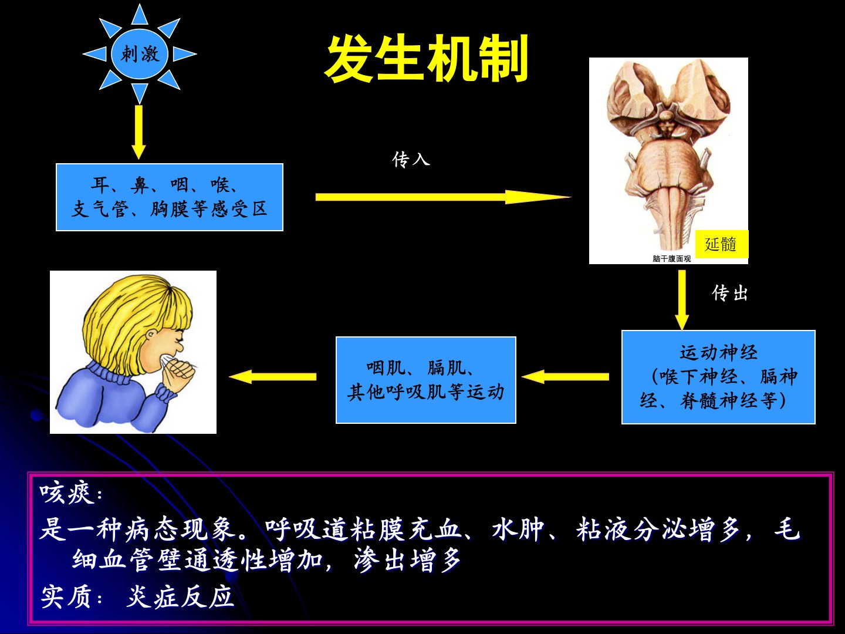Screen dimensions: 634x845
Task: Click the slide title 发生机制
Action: coord(427,59)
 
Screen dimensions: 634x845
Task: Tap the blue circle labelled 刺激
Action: coord(140,55)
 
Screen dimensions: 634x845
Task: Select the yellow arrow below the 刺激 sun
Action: coord(138,131)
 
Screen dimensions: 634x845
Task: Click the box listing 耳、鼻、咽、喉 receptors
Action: coord(170,197)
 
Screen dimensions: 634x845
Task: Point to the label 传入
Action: coord(411,159)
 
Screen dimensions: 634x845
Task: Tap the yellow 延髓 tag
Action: coord(721,244)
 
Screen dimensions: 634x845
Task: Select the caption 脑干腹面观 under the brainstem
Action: coord(672,258)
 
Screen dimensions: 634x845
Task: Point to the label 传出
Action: coord(730,293)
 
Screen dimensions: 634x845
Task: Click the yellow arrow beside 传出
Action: coord(681,299)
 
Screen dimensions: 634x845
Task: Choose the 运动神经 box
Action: coord(718,377)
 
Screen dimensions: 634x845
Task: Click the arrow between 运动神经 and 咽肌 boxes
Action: coord(565,376)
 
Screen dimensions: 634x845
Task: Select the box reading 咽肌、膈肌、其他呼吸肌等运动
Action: coord(425,380)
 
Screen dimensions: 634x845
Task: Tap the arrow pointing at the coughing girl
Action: coord(272,376)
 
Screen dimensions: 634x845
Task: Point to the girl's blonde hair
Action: coord(135,311)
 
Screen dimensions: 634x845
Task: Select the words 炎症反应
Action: coord(180,597)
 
